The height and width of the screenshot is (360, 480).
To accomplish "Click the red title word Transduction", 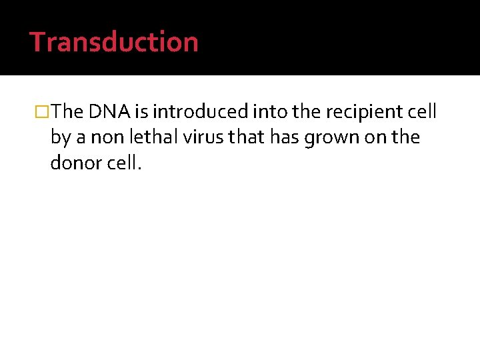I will coord(114,41).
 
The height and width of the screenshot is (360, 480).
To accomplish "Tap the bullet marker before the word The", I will coord(42,111).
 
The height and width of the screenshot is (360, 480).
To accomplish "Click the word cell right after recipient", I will coord(423,111).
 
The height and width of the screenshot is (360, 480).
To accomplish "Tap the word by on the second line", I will coord(60,137).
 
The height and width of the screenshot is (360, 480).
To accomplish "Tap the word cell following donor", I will coord(123,163).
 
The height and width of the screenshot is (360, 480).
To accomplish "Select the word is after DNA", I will coord(141,111).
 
